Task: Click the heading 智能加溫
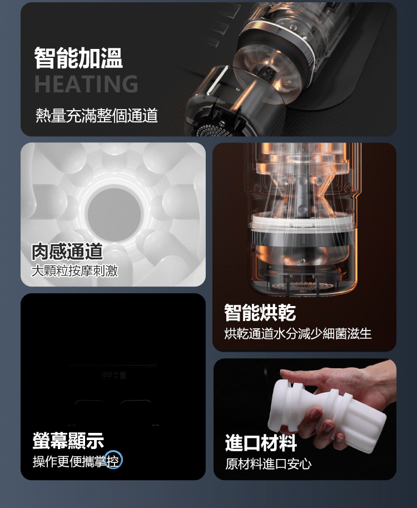pos(78,58)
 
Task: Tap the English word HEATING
pos(86,84)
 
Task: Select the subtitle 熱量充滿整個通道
pos(97,116)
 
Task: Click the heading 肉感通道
pos(67,251)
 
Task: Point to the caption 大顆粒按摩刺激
pos(75,271)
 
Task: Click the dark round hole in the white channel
pos(114,214)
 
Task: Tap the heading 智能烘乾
pos(260,313)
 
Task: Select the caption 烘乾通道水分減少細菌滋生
pos(298,334)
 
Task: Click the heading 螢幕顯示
pos(68,441)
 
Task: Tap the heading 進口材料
pos(261,443)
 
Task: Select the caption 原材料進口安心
pos(269,464)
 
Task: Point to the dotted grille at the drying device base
pos(295,286)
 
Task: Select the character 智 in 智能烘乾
pos(233,313)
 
